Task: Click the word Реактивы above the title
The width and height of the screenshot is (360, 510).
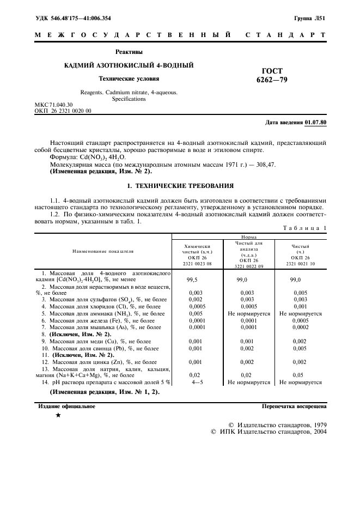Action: point(129,52)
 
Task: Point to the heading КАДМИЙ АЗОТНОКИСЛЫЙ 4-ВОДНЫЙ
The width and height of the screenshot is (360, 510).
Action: point(129,65)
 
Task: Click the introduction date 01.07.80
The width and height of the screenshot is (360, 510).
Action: point(315,122)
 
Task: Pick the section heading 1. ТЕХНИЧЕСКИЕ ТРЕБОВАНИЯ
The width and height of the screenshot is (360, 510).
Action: point(180,185)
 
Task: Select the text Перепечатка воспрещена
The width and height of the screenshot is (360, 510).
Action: point(294,406)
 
